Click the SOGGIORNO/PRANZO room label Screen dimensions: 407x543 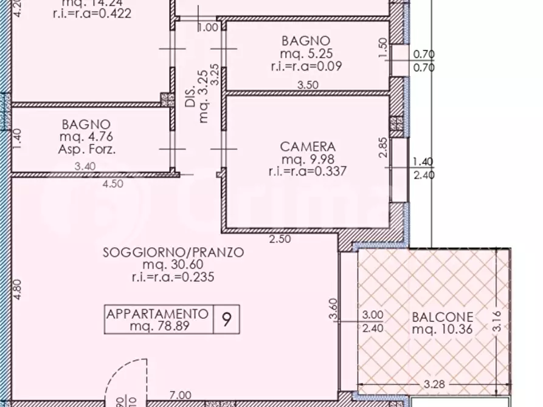pyautogui.click(x=173, y=251)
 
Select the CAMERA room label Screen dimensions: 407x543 pyautogui.click(x=307, y=146)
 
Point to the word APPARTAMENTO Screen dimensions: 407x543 pyautogui.click(x=157, y=314)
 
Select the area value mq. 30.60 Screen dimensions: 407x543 pyautogui.click(x=173, y=264)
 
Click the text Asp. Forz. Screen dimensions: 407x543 pyautogui.click(x=86, y=148)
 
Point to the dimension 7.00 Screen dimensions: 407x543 pyautogui.click(x=181, y=395)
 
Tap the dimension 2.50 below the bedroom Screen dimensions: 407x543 pyautogui.click(x=280, y=239)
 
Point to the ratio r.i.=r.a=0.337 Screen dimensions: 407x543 pyautogui.click(x=307, y=171)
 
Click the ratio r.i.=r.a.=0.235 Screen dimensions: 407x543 pyautogui.click(x=173, y=277)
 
